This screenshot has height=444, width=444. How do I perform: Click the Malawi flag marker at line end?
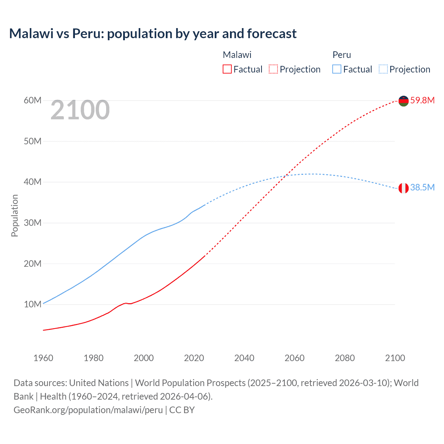(403, 101)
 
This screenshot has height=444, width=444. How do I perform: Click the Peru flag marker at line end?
(403, 188)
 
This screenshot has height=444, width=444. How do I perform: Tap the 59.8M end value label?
(422, 100)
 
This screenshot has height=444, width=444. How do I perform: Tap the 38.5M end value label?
(422, 187)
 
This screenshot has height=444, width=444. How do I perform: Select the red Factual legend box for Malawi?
(227, 69)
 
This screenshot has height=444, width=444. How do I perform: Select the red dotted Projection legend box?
(273, 69)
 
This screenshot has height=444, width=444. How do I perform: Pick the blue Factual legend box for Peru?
(336, 69)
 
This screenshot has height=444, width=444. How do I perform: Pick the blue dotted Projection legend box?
(383, 69)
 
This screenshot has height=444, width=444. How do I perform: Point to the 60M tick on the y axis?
(33, 100)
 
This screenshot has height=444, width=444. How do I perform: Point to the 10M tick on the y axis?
(33, 304)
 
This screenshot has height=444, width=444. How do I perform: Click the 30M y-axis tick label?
(33, 223)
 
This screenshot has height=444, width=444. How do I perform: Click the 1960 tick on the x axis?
(43, 358)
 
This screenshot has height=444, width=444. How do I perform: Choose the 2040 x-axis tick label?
(244, 358)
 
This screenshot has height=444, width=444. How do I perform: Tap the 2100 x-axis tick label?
(395, 358)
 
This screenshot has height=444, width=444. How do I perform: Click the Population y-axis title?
(15, 215)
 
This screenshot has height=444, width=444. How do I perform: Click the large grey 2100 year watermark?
(80, 110)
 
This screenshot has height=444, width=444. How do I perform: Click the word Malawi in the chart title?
(31, 34)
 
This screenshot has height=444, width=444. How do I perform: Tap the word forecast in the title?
(272, 34)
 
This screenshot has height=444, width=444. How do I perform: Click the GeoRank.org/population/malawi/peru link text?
(88, 410)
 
